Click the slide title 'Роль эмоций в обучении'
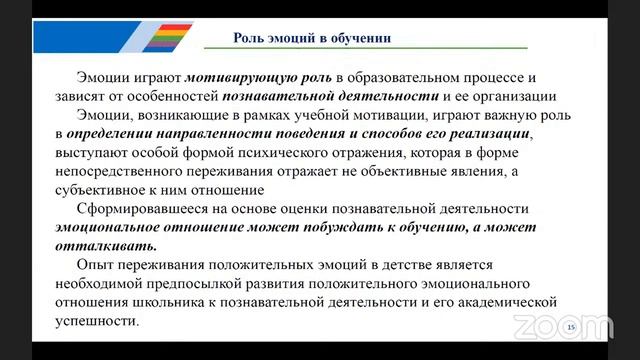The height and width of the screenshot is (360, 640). coord(311,38)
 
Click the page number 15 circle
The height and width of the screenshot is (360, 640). coord(571,328)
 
